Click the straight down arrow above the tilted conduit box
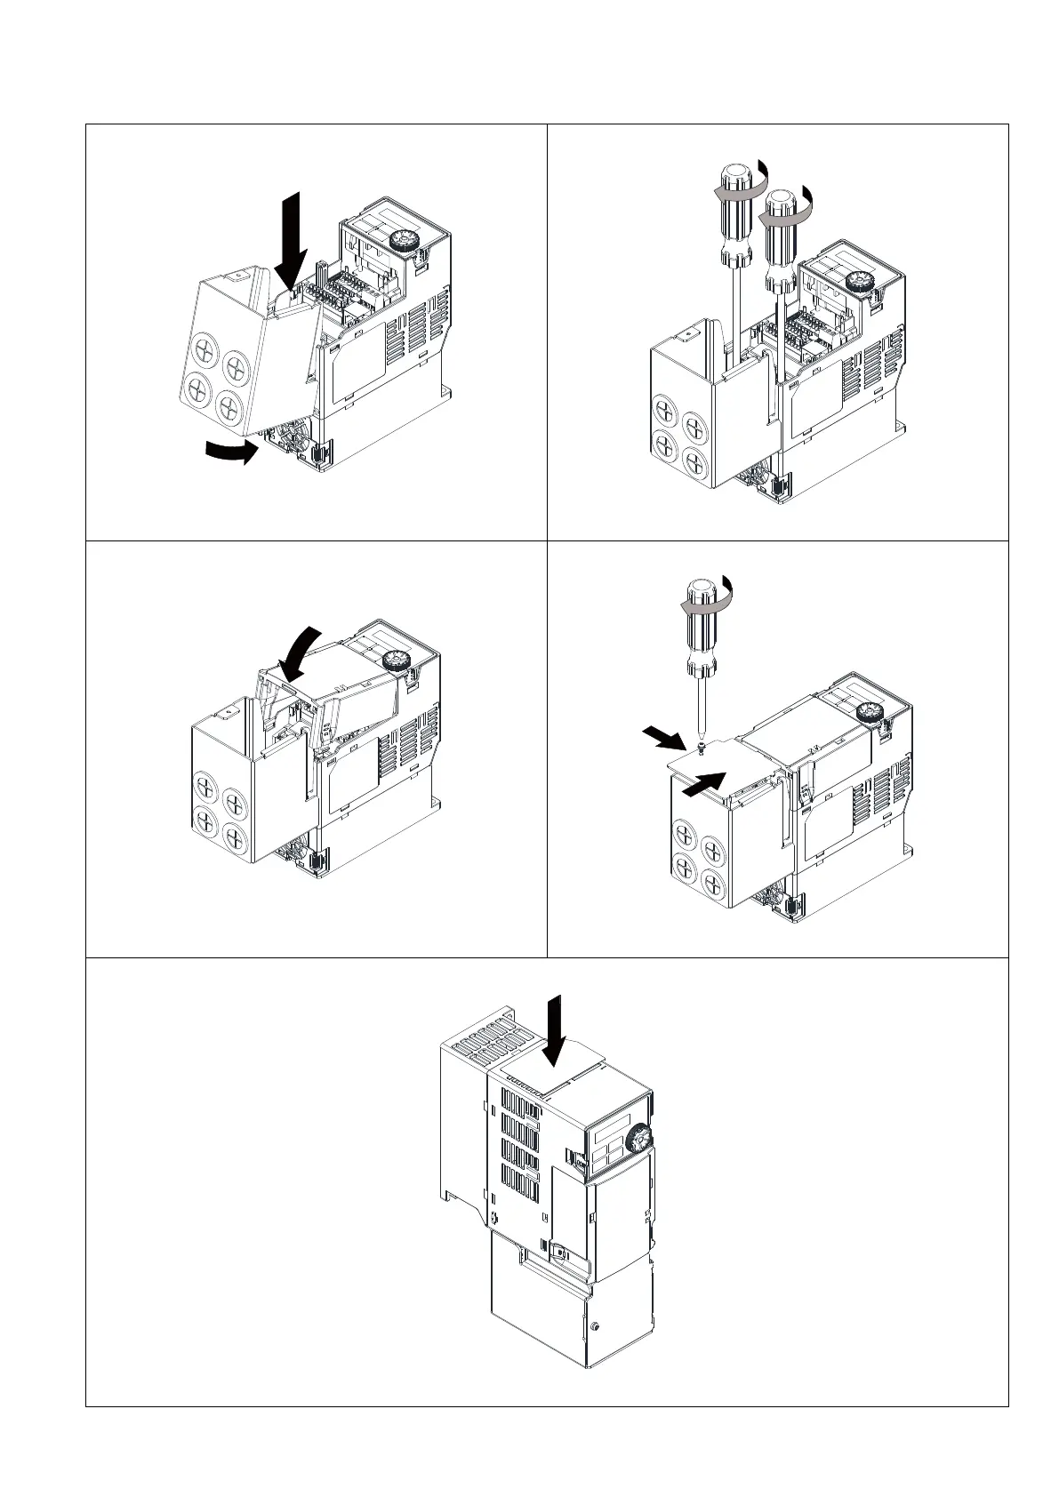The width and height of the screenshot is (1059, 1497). (x=293, y=234)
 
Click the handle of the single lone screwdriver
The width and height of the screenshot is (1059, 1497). (x=703, y=627)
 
